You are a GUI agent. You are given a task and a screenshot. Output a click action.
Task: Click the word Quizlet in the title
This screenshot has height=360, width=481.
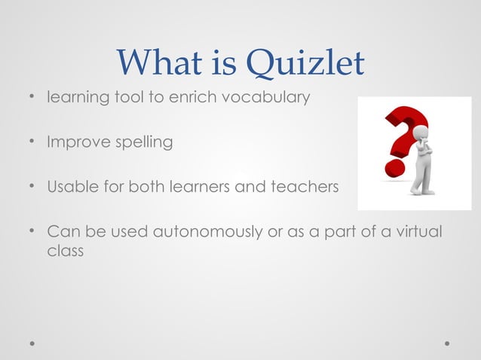click(307, 65)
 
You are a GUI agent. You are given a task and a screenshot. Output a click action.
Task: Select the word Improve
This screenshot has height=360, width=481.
click(72, 142)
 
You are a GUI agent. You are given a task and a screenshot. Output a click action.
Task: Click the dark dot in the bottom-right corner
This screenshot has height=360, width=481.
click(447, 343)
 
